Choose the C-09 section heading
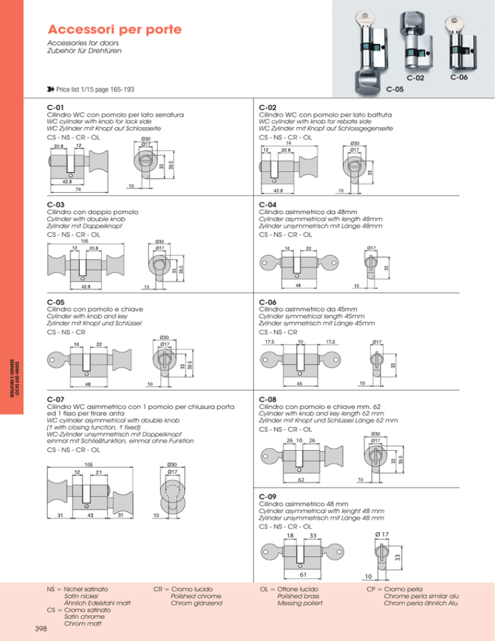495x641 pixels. point(267,497)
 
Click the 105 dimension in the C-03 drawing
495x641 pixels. point(84,242)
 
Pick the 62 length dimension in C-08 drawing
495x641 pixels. point(300,480)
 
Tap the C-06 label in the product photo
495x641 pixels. point(459,77)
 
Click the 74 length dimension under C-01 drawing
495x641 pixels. point(77,190)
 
